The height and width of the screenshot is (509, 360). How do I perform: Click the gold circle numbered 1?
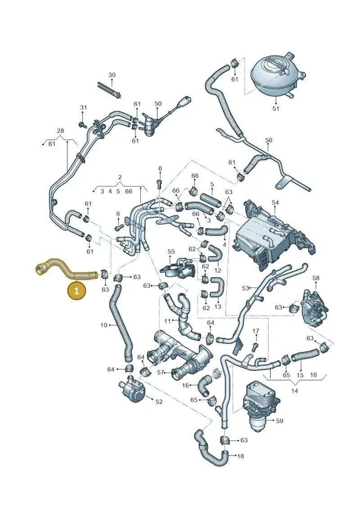pos(76,291)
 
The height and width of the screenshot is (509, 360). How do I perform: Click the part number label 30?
pos(112,75)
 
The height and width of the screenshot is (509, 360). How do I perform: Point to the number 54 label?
pos(275,203)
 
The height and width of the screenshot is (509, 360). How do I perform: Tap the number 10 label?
pos(103,325)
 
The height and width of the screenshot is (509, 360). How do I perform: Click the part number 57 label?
pos(161,372)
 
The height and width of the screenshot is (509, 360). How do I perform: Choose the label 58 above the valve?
pos(316,278)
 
